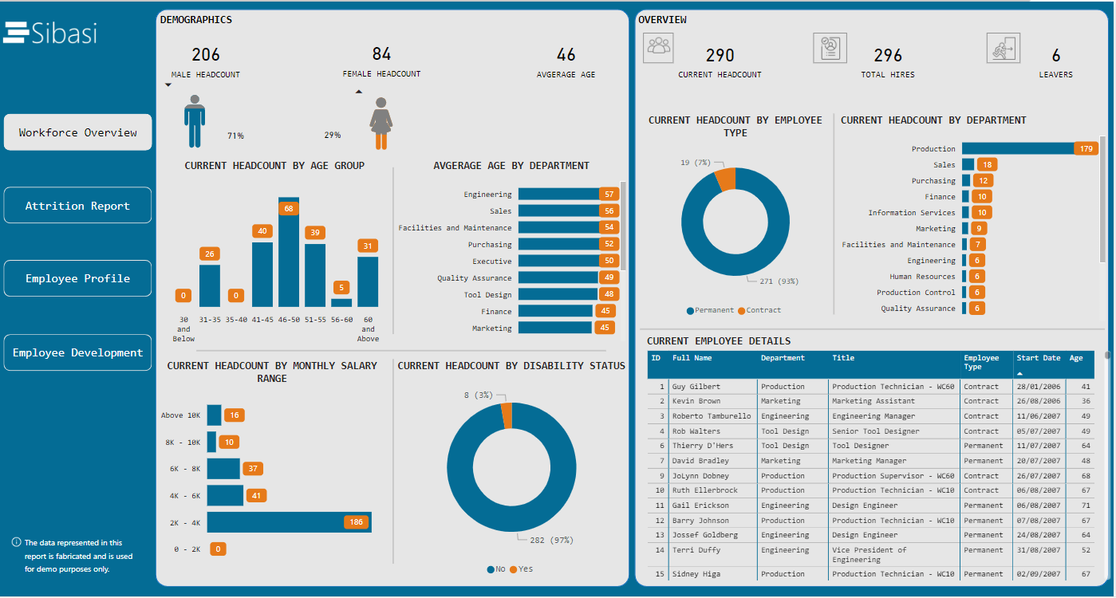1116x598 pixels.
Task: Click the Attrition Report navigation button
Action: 77,206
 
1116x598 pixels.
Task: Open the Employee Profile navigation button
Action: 77,278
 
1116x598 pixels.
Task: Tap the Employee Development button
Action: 77,352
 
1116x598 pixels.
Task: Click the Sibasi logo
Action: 50,33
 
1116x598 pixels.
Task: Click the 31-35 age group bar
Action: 210,285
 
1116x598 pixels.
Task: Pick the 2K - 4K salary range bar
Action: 289,522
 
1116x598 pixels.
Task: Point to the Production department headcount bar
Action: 1018,148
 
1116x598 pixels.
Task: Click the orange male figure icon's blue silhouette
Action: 194,121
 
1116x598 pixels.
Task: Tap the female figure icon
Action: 381,124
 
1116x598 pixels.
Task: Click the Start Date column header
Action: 1038,358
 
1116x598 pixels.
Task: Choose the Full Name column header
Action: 692,358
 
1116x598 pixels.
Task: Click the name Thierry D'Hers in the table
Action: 702,446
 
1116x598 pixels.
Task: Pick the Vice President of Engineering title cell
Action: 869,554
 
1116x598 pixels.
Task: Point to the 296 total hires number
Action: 888,55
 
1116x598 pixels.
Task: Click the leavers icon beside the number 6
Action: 1004,48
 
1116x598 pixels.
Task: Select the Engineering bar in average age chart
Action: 558,194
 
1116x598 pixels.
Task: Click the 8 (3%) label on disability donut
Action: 479,395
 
